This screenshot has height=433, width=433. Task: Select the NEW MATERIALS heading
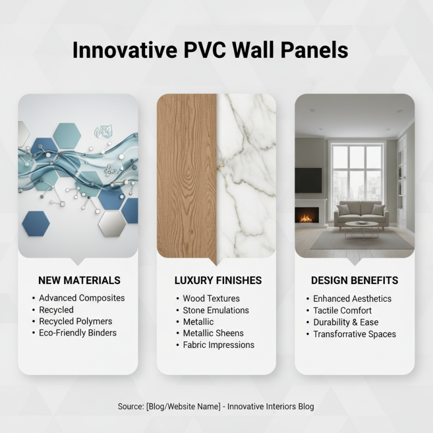pos(79,280)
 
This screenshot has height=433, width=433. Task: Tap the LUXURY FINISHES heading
pos(218,280)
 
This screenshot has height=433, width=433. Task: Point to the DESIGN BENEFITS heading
pos(355,280)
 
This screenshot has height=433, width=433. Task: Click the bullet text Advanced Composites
pos(82,298)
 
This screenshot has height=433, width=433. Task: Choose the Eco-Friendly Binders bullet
pos(77,333)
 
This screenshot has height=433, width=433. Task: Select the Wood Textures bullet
pos(211,298)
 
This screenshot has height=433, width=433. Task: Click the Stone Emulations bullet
pos(215,310)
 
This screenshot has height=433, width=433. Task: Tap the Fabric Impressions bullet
pos(218,345)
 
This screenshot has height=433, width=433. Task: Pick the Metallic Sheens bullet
pos(213,333)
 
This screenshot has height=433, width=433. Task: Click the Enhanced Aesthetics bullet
pos(352,298)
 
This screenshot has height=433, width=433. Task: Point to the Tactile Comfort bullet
pos(342,310)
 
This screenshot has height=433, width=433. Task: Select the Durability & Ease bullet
pos(345,322)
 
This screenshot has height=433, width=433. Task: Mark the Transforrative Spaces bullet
pos(354,334)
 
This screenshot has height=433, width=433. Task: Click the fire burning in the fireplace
pos(306,218)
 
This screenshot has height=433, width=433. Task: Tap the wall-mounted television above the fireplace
pos(308,180)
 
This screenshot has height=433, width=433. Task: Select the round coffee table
pos(362,226)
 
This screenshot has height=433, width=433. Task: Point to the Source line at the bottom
pos(216,406)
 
